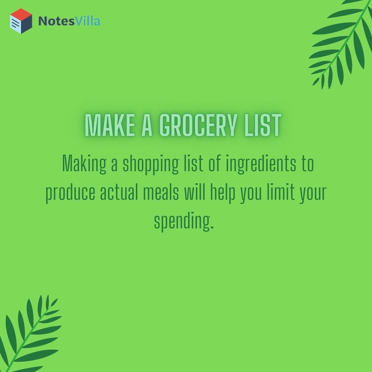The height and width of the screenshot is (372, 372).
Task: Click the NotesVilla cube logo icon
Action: (21, 21)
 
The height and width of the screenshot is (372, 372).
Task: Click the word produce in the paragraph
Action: (70, 193)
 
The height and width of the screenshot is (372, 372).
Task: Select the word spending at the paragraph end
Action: (184, 221)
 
